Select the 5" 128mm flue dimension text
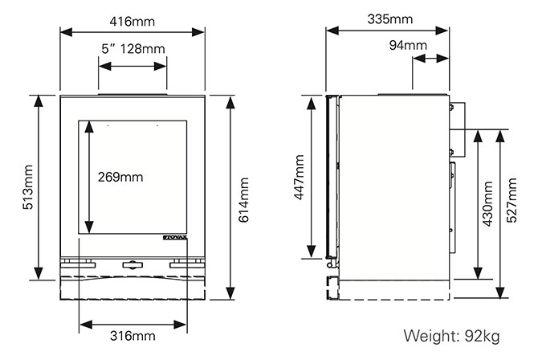pyautogui.click(x=132, y=49)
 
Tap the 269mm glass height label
pyautogui.click(x=121, y=177)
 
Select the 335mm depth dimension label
pyautogui.click(x=389, y=18)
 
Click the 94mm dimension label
pyautogui.click(x=408, y=45)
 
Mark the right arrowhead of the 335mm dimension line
pyautogui.click(x=444, y=31)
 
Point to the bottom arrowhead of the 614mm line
pyautogui.click(x=230, y=293)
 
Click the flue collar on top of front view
pyautogui.click(x=132, y=93)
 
